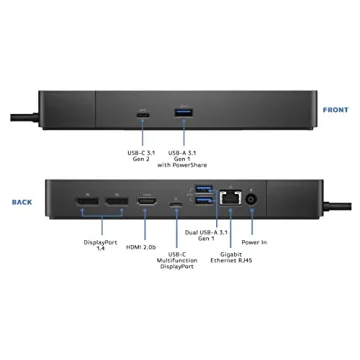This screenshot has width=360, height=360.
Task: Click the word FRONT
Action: [335, 110]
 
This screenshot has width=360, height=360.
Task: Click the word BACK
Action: [22, 201]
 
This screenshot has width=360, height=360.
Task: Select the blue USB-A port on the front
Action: [183, 110]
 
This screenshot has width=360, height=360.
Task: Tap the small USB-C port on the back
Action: [176, 207]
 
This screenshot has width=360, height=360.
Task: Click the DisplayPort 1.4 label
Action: [100, 245]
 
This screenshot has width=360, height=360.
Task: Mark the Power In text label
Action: [254, 241]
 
